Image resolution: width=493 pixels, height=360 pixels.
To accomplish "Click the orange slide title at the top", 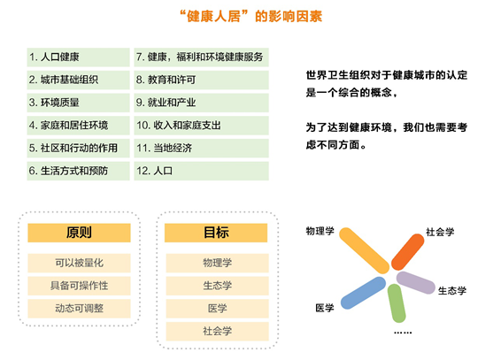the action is point(250,16).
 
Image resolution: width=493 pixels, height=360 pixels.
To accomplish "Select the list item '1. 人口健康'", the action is point(78,57).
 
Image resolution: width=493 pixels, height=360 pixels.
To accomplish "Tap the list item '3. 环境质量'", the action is point(78,103).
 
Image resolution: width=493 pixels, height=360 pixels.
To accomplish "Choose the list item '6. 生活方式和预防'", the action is point(78,171).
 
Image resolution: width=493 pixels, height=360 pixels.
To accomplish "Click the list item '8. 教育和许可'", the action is point(201,80).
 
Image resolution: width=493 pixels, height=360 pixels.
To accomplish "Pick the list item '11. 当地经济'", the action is point(201,148).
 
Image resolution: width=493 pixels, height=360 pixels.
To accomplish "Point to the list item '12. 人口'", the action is point(201,171).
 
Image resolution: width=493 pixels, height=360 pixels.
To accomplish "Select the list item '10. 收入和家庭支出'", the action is point(201,126).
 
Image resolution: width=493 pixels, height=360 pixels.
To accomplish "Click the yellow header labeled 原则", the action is point(79,233).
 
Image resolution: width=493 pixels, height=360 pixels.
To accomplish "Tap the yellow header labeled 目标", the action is point(216,233).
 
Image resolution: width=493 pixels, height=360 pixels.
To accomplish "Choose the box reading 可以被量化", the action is point(79,263).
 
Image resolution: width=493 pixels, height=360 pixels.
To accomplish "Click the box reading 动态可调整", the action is point(79,309).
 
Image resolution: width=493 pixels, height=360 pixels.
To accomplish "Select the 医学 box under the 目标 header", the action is point(217,309).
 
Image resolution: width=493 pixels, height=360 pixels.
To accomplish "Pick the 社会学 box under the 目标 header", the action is point(217,332).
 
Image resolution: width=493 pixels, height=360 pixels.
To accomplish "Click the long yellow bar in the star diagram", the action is point(365,250).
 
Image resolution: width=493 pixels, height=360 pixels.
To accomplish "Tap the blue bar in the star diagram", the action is point(363,293).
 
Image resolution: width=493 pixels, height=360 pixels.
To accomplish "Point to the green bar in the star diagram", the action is point(397,303).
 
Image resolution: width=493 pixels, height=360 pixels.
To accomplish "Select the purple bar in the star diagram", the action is point(416,283).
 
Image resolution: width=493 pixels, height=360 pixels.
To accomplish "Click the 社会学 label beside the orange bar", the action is point(440,232).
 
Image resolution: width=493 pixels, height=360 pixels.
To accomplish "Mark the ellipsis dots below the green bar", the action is point(403,333).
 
